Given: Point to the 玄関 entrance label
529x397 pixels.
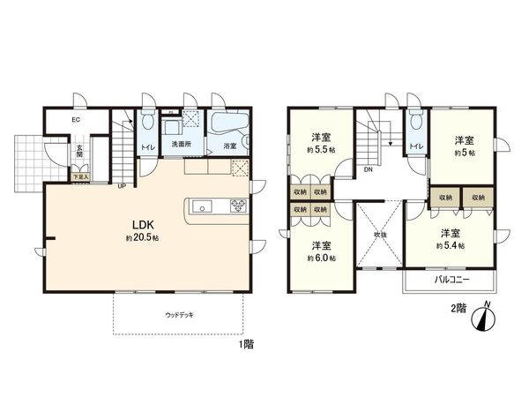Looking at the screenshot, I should click(x=79, y=152).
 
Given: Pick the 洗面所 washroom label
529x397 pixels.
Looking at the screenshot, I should click(x=182, y=145).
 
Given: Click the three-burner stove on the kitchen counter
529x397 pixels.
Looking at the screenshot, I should click(x=239, y=208).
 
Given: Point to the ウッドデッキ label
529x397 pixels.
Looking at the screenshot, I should click(x=179, y=314).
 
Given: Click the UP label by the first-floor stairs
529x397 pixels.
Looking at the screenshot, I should click(x=121, y=185).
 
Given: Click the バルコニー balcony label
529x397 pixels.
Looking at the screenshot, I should click(x=452, y=280).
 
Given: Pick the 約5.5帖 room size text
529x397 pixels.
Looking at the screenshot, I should click(x=319, y=150).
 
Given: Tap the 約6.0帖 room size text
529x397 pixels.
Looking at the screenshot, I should click(x=319, y=258).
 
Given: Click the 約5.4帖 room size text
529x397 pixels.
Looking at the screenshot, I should click(x=450, y=245).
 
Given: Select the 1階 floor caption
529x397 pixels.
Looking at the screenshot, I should click(x=244, y=345).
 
